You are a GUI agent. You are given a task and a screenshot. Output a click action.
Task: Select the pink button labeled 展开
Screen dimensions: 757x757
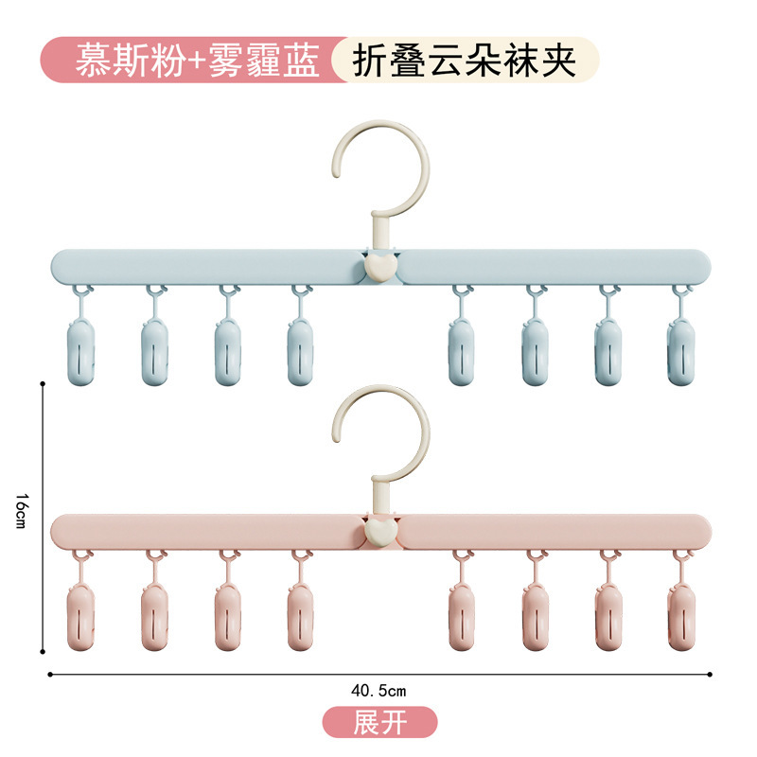(x=379, y=723)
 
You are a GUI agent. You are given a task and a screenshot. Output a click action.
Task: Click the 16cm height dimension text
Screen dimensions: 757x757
(x=22, y=517)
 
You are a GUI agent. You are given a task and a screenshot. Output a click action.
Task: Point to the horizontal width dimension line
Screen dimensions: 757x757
(x=237, y=675)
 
